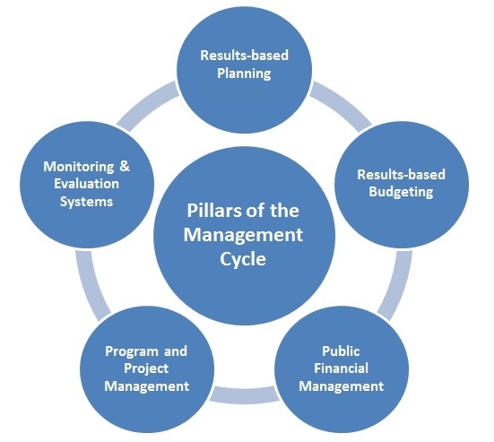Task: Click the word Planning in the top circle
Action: click(244, 74)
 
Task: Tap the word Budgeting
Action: click(401, 192)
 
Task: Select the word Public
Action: click(341, 351)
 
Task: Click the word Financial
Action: click(342, 368)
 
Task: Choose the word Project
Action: click(146, 368)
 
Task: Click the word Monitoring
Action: click(79, 167)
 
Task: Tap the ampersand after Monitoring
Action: click(125, 166)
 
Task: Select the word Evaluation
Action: click(87, 184)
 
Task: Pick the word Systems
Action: click(86, 202)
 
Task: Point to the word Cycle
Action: click(243, 260)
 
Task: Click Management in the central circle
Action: click(243, 236)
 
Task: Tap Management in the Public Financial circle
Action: click(342, 386)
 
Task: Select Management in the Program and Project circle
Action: click(147, 386)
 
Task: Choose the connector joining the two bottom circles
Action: click(244, 395)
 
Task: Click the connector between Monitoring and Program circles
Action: click(91, 285)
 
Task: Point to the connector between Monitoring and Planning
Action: click(147, 106)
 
